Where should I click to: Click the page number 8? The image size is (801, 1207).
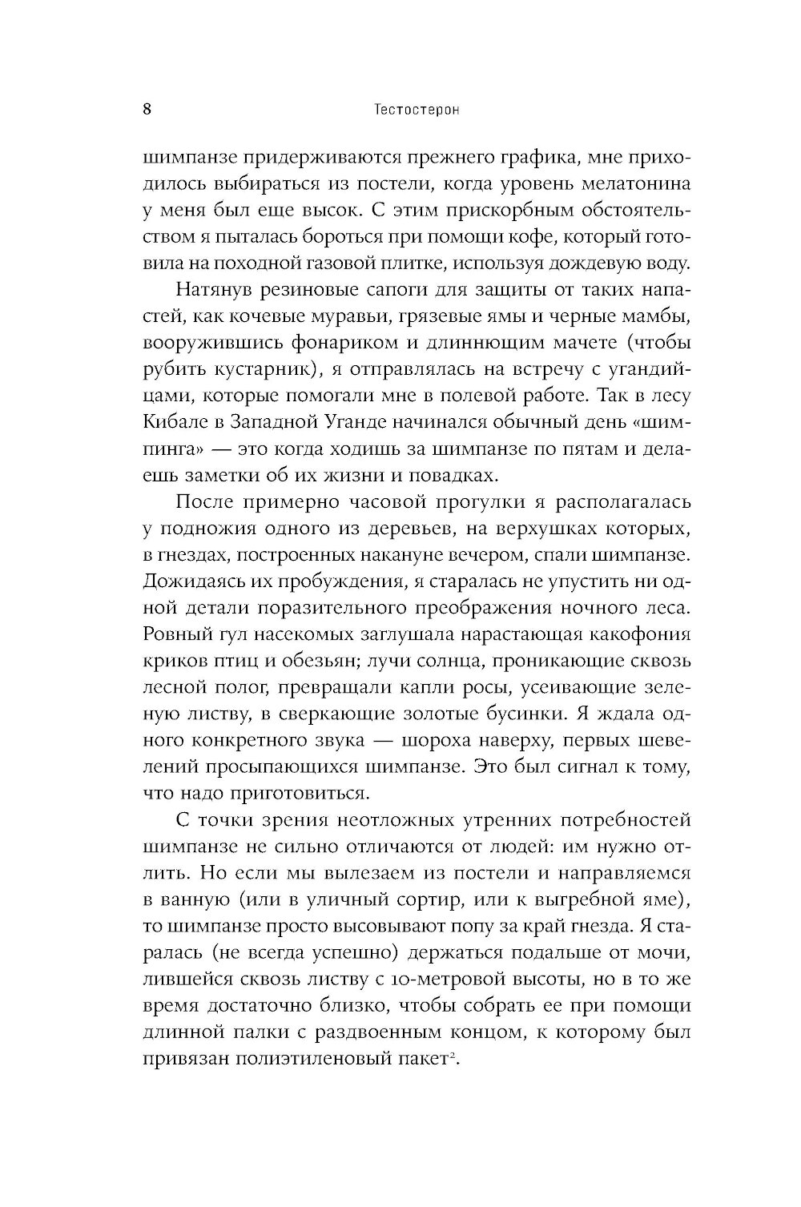(x=147, y=111)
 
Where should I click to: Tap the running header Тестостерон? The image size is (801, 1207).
(x=417, y=111)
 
